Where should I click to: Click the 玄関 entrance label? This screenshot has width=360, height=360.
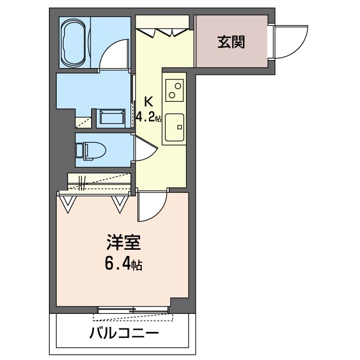(x=231, y=42)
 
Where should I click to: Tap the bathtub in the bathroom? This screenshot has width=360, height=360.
(x=74, y=43)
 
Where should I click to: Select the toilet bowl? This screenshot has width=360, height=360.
(x=94, y=151)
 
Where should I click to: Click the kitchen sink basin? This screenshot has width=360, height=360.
(x=174, y=128)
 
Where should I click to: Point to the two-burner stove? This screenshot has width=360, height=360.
(x=174, y=90)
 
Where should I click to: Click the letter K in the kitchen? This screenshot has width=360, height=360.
(x=148, y=102)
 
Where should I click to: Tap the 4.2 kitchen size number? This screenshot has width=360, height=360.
(x=146, y=118)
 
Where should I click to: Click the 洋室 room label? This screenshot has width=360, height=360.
(x=124, y=242)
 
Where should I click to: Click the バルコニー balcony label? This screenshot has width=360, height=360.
(x=124, y=334)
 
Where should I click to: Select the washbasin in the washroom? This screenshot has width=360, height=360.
(x=111, y=118)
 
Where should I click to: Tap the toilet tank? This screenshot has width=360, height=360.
(x=79, y=151)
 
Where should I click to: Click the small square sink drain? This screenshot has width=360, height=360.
(x=179, y=127)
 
